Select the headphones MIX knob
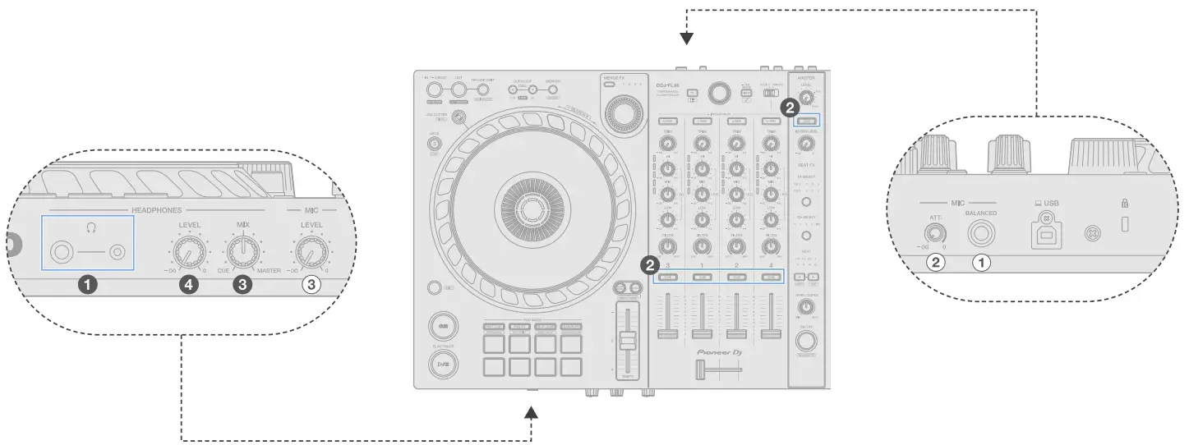coord(243,251)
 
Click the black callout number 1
coord(87,284)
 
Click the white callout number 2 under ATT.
coord(934,264)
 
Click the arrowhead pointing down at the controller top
coord(687,38)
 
